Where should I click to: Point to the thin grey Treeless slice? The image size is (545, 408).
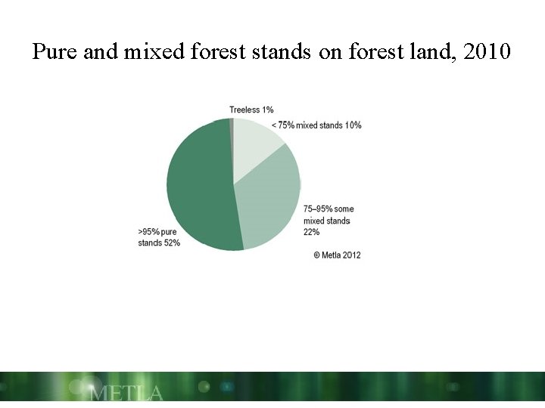(x=231, y=125)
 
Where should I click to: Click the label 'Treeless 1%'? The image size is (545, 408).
(x=251, y=110)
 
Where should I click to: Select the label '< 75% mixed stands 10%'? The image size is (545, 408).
(x=316, y=125)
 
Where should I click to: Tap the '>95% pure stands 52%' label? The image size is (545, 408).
(x=159, y=237)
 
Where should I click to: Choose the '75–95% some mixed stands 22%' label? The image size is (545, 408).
(x=328, y=221)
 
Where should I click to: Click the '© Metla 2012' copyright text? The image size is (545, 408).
(x=337, y=255)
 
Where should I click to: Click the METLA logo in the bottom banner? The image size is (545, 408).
(x=126, y=393)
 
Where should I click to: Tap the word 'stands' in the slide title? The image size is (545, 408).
(x=283, y=52)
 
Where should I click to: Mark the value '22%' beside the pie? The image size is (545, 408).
(x=311, y=232)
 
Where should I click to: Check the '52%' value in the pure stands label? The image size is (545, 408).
(x=171, y=243)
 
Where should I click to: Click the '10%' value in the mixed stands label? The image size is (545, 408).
(x=353, y=125)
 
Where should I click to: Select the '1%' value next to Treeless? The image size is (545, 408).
(x=267, y=110)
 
